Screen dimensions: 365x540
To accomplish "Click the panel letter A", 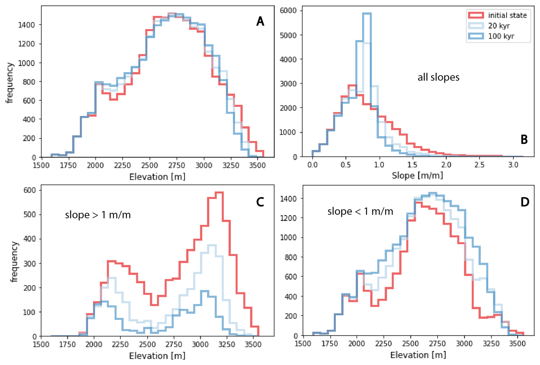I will point(260,21).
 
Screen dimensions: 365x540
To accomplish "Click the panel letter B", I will point(524,140).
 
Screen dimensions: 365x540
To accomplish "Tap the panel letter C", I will point(260,202).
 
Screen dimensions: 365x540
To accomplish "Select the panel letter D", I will point(525,202).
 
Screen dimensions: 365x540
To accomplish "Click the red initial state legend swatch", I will point(476,15).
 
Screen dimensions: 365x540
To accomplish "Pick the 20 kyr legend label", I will point(499,26).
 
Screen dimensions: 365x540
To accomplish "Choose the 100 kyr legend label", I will point(501,36).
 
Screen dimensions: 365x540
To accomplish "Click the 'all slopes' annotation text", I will point(438,77).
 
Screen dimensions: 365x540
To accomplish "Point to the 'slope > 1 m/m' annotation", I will point(98,215).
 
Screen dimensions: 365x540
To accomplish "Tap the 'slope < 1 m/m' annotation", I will point(360,211).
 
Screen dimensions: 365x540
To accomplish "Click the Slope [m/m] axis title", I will point(417,175).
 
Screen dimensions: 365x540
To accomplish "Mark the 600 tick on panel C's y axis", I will point(30,190).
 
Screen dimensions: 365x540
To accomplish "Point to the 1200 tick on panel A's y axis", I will point(26,44).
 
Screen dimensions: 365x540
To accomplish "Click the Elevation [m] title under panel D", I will point(418,355).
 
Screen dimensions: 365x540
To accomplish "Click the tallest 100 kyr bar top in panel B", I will point(367,13).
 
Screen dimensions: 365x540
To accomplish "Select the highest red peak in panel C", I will point(219,192).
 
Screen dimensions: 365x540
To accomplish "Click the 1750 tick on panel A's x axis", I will point(68,166).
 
